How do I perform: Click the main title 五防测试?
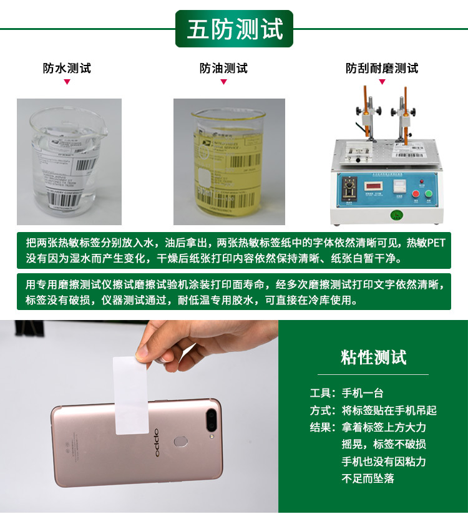click(235, 29)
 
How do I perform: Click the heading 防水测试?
click(67, 68)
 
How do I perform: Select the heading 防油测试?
click(223, 68)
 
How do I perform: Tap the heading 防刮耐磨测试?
click(382, 68)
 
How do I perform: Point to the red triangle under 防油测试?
click(223, 82)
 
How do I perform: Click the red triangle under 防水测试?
click(67, 82)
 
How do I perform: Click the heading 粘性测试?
click(373, 357)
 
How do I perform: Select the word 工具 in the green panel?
click(322, 393)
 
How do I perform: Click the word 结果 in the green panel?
click(322, 427)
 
